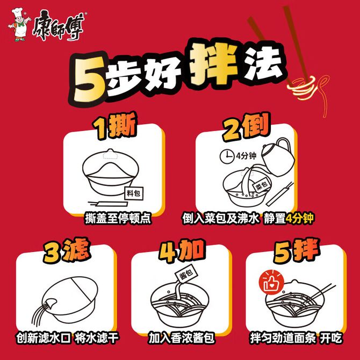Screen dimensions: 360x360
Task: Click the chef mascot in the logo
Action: (19, 25)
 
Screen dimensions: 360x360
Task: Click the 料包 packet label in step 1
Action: (134, 193)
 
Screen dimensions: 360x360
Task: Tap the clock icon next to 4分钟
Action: (227, 157)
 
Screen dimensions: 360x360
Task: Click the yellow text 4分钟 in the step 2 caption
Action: (299, 218)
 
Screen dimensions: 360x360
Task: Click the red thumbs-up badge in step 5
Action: (271, 283)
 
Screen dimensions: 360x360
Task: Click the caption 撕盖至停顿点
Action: (118, 218)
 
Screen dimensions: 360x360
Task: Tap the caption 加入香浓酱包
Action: (182, 338)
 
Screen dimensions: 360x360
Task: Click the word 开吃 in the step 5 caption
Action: (331, 338)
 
